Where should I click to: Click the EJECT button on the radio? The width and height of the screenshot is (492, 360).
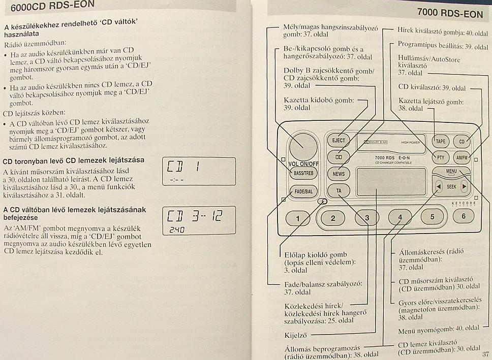coord(339,141)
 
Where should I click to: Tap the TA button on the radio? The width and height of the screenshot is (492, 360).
coord(339,190)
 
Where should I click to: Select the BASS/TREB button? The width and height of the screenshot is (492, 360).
coord(303,173)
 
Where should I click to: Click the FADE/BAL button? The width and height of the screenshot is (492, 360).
coord(303,191)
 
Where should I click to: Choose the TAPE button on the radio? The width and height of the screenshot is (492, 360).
coord(441,142)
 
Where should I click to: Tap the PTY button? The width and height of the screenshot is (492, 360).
coord(441,157)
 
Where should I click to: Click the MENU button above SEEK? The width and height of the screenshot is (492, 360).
coord(451,172)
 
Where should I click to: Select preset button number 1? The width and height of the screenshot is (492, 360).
coord(298,218)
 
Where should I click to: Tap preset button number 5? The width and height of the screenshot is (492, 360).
coord(432,217)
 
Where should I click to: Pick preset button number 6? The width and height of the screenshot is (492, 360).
coord(463,216)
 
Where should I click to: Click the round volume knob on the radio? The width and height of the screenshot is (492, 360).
coord(303,147)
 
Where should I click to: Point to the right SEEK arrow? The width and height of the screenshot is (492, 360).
coord(464,186)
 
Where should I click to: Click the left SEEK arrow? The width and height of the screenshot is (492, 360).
coord(439,186)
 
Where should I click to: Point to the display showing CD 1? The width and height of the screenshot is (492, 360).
coord(199,171)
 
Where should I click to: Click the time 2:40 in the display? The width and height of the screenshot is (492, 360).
coord(177,230)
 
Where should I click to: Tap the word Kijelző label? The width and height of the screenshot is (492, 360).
coord(295,335)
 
